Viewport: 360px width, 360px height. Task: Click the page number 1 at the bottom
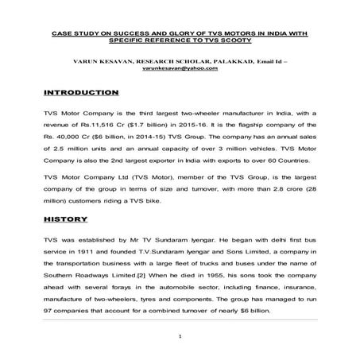coord(181,337)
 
